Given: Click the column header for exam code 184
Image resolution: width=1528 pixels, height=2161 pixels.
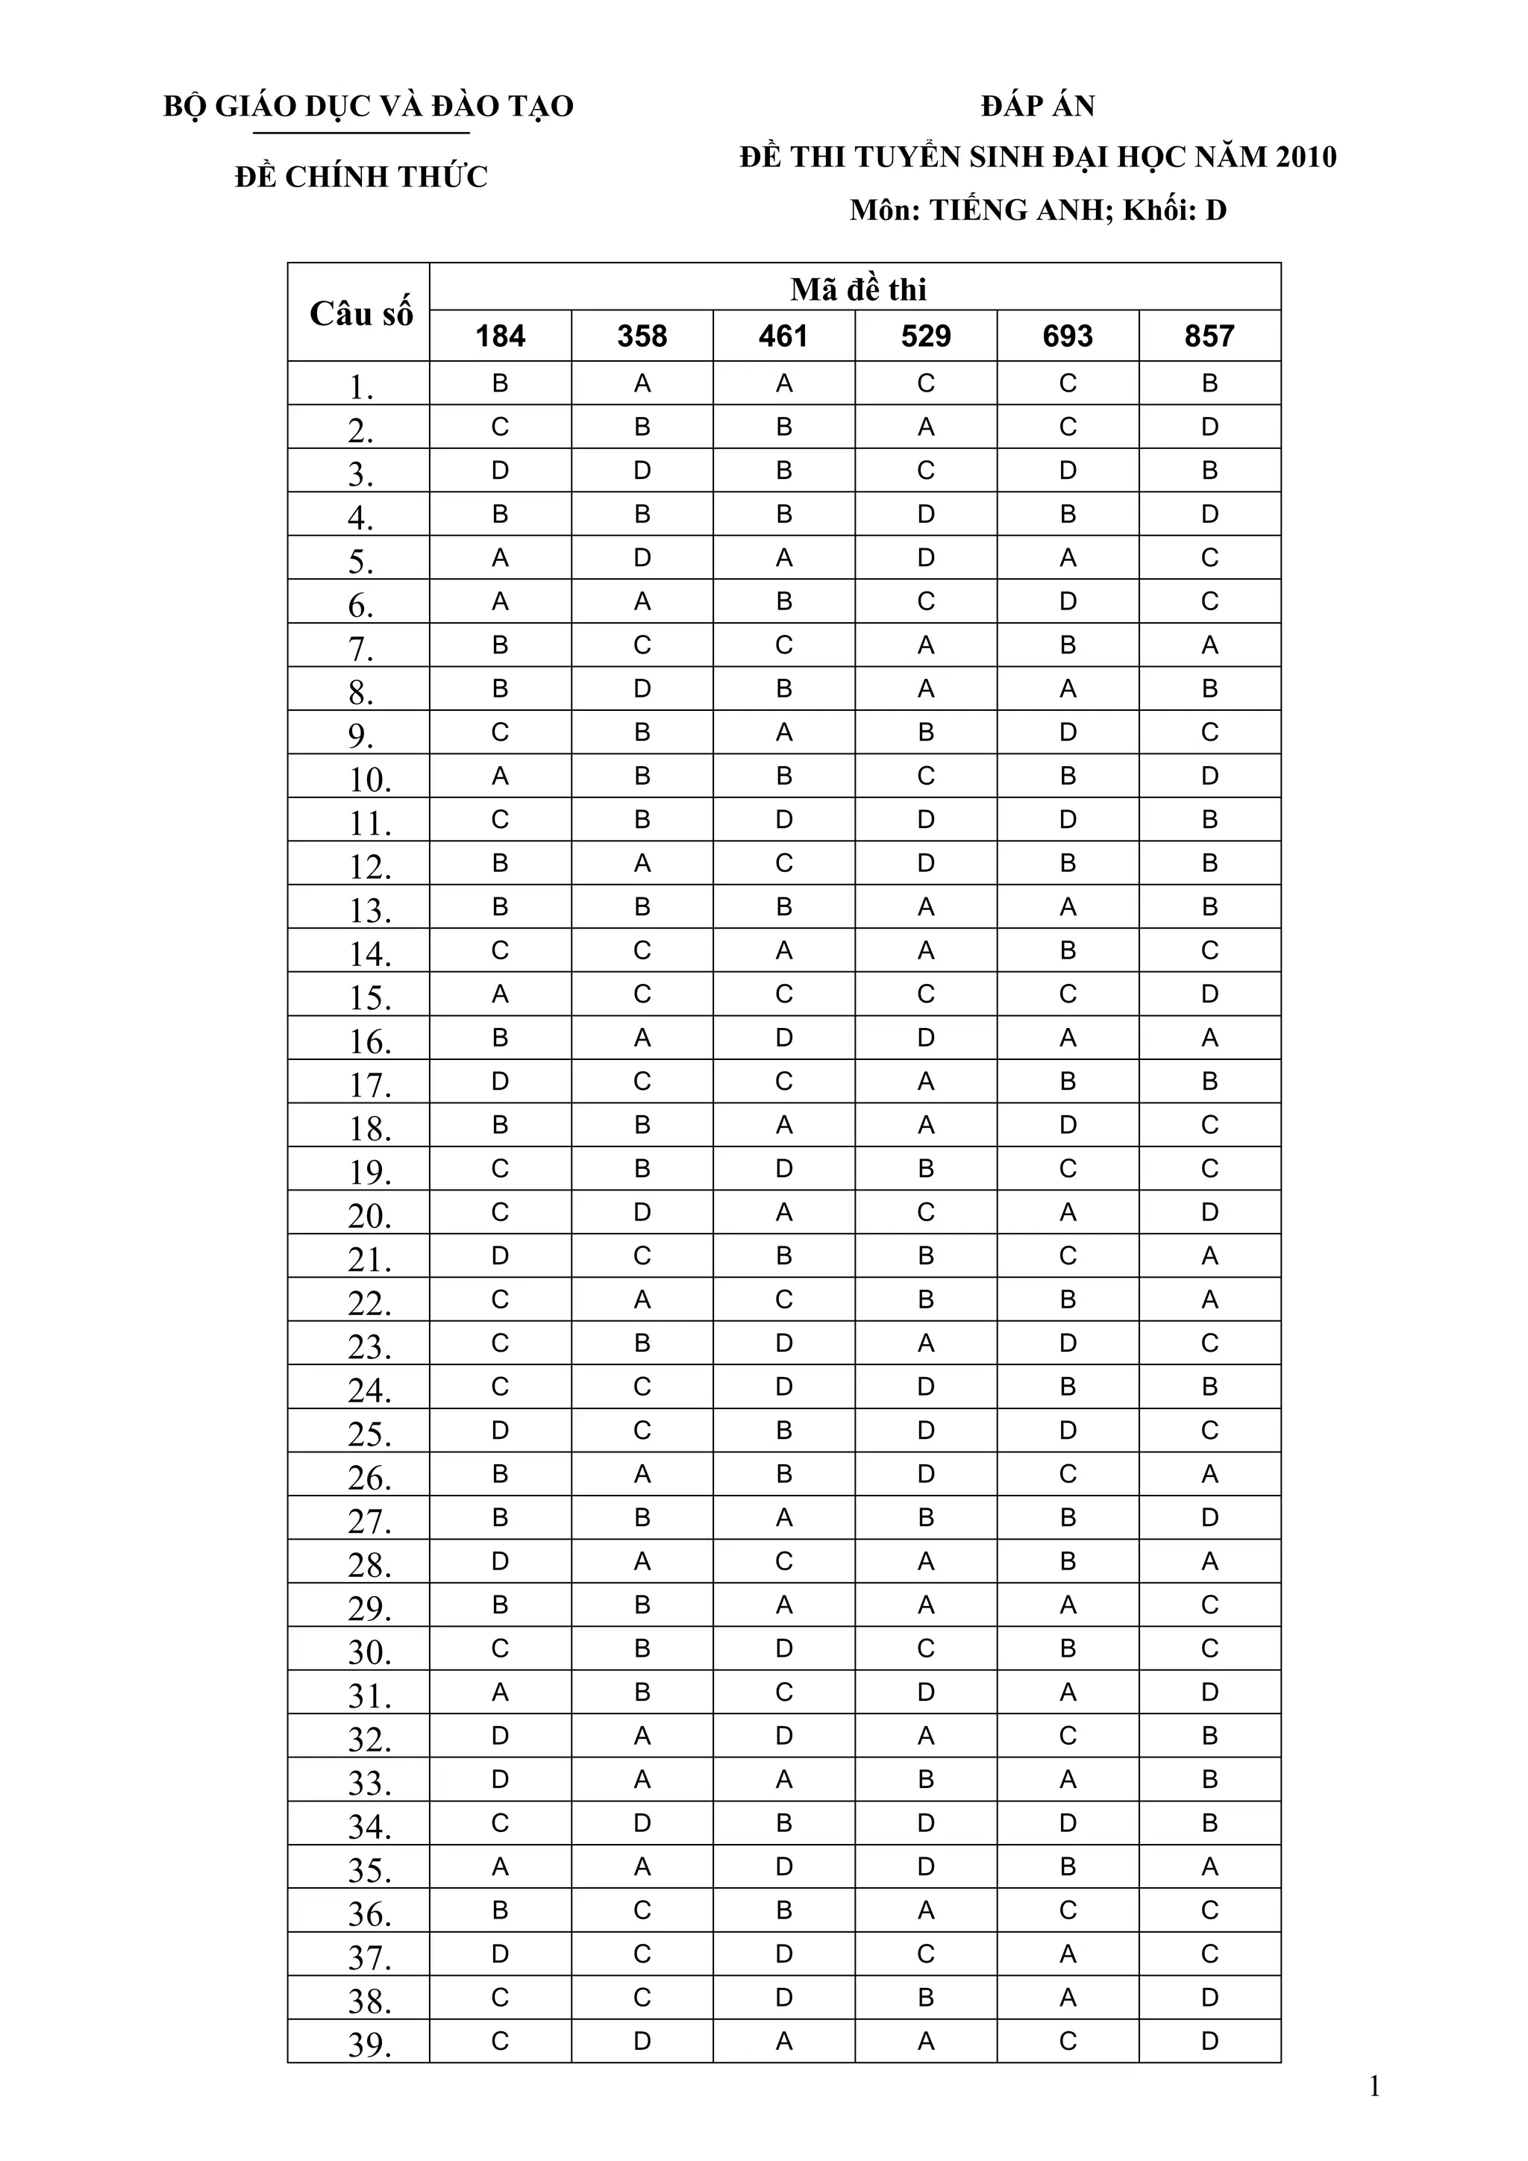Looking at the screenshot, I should click(500, 336).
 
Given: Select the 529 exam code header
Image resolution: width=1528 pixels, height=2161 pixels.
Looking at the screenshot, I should click(925, 336).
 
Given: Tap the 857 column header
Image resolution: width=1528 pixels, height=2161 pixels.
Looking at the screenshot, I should click(1209, 336).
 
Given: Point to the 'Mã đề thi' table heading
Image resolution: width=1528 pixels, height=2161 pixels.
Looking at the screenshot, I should click(858, 289).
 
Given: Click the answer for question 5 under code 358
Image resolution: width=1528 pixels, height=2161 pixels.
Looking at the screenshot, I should click(642, 558).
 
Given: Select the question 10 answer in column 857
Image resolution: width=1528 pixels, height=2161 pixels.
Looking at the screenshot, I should click(1209, 777).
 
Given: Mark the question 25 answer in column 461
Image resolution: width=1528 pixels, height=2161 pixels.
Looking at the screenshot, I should click(784, 1431).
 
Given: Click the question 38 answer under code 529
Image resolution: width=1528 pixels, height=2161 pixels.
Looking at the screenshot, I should click(925, 1997).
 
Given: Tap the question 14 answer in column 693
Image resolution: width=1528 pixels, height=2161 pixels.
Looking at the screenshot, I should click(1068, 950).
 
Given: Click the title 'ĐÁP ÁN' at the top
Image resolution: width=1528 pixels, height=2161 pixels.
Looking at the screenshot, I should click(1038, 105).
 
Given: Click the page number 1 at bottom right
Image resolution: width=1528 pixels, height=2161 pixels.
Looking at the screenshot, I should click(1374, 2086).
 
